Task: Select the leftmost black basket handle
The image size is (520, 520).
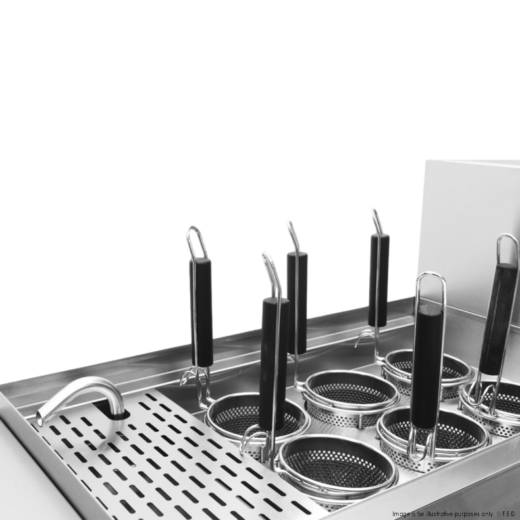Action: (201, 312)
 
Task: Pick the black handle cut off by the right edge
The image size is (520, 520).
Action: (498, 319)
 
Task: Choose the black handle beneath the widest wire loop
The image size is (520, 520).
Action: (426, 366)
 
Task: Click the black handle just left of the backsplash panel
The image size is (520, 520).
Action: (378, 280)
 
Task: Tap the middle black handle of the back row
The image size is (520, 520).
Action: (297, 303)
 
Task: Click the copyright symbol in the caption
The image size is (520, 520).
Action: (499, 514)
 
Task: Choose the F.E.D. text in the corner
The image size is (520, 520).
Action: (509, 514)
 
